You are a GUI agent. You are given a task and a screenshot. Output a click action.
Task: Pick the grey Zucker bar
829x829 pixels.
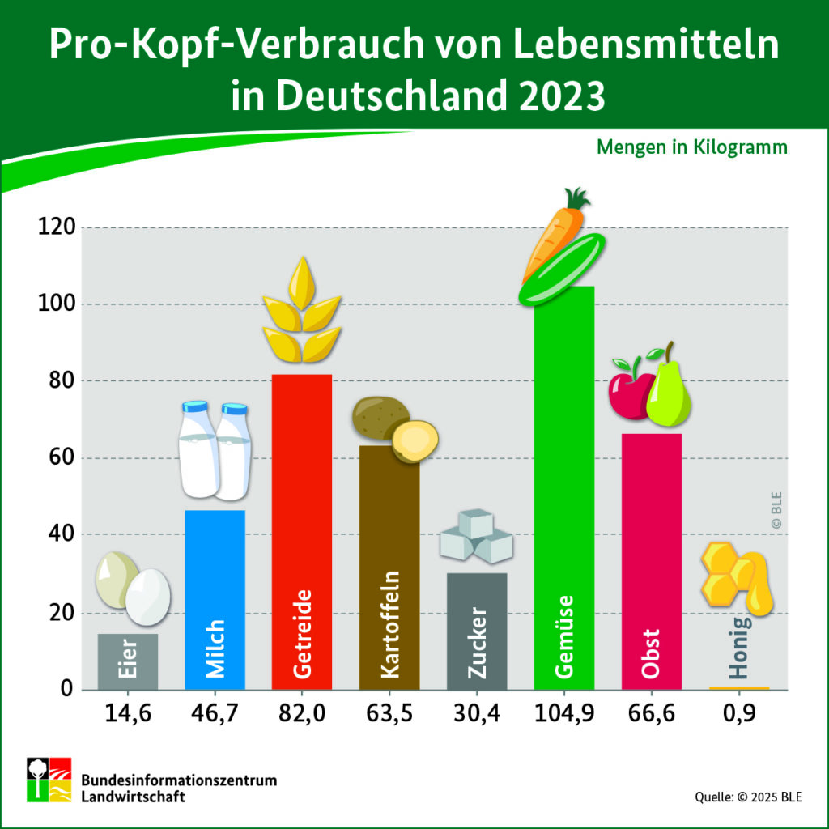(477, 631)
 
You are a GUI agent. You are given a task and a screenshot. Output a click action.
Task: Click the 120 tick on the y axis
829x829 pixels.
(57, 227)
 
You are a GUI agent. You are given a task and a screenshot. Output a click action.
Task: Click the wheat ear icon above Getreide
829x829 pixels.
(302, 312)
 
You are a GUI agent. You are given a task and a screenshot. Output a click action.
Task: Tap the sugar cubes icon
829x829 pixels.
(476, 536)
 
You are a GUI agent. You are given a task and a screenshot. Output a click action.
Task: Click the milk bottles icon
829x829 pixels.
(214, 449)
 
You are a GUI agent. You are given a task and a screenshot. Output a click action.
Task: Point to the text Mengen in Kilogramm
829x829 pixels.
(691, 148)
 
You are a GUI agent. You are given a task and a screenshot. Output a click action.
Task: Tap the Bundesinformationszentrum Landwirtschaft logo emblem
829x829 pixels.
(49, 780)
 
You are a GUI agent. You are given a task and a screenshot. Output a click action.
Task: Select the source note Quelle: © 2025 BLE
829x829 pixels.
(749, 797)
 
